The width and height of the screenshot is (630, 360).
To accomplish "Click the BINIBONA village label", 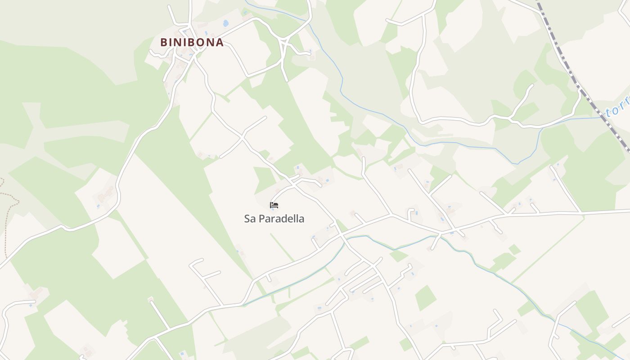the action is [x=192, y=42].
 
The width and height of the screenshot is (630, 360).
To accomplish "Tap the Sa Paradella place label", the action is [x=274, y=219].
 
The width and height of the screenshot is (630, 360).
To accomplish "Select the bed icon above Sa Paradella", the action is [x=274, y=205].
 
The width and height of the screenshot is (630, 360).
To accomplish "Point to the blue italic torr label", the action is [x=618, y=109].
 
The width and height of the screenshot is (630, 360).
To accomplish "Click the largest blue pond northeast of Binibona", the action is [x=225, y=22].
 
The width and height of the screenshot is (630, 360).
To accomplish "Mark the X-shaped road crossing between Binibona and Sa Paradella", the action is [x=243, y=136].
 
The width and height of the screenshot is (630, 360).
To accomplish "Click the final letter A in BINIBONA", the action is [x=219, y=42].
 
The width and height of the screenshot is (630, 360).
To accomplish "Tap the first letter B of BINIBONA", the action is [x=164, y=42].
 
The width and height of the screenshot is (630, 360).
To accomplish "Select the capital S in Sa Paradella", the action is [x=247, y=219].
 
